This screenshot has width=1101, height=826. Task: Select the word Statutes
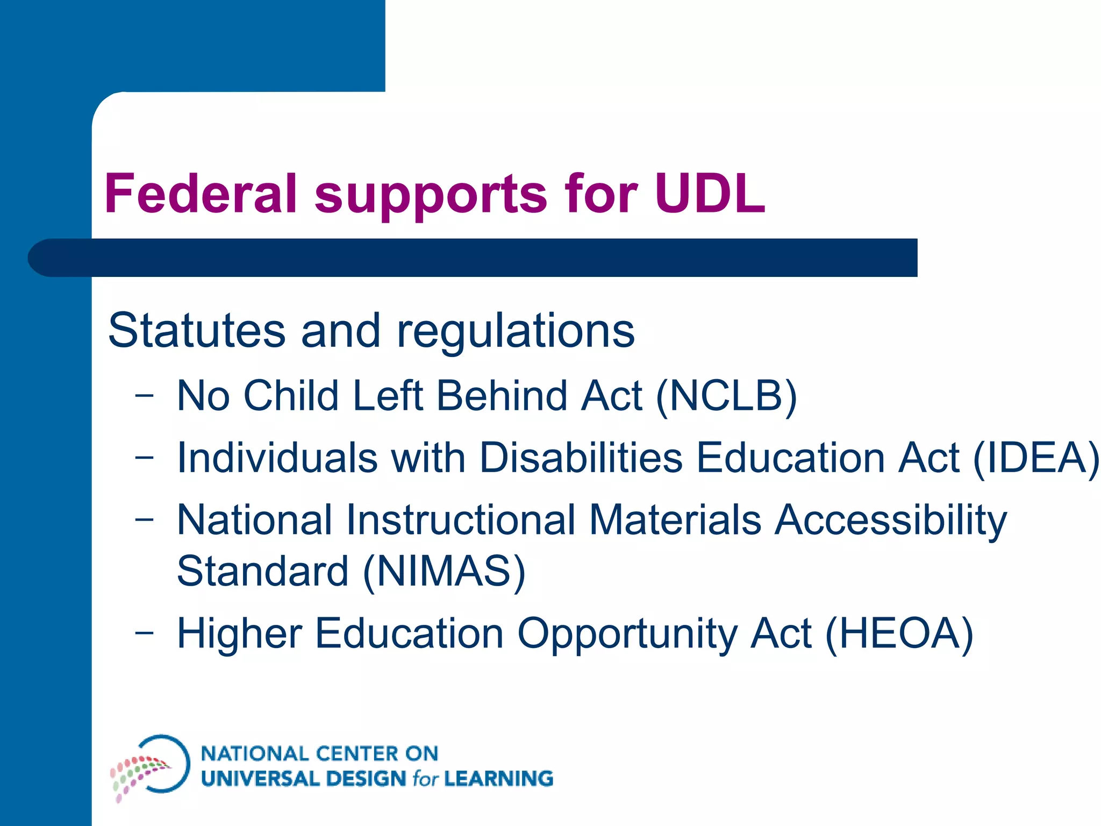coord(196,330)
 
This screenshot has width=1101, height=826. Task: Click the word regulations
coord(516,331)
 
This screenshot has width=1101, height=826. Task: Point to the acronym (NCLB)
coord(726,396)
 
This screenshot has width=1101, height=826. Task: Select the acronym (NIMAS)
coord(444,571)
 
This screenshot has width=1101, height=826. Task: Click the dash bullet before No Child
coord(144,396)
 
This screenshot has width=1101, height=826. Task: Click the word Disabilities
coord(581,458)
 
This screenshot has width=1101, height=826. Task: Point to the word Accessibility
coord(891,521)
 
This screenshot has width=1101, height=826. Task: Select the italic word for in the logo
coord(425,778)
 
